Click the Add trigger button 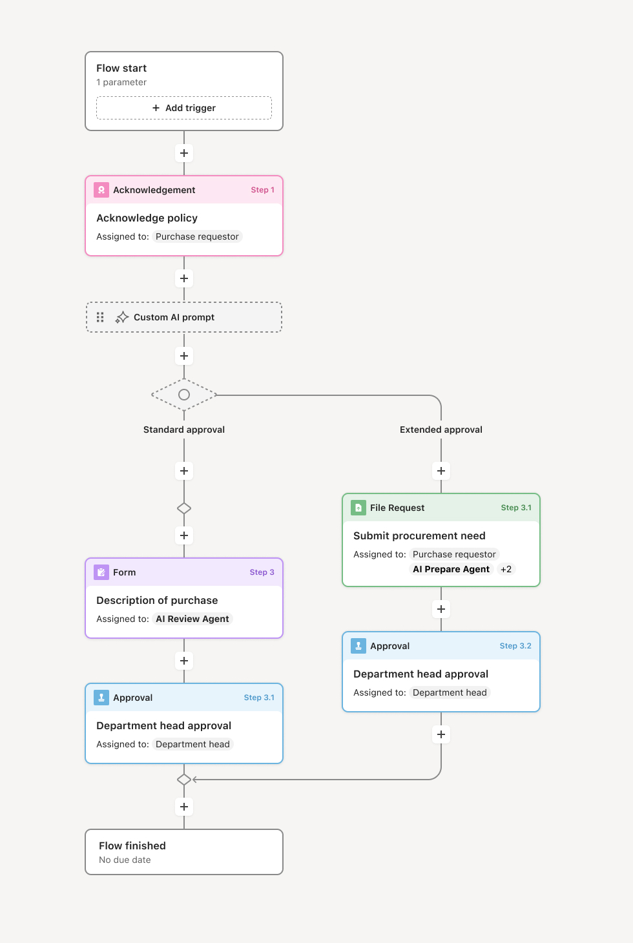pyautogui.click(x=184, y=108)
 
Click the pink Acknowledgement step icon pyautogui.click(x=101, y=190)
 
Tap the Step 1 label pyautogui.click(x=262, y=190)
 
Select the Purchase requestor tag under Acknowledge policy pyautogui.click(x=197, y=236)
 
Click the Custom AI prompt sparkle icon pyautogui.click(x=122, y=317)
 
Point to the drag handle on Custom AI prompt pyautogui.click(x=100, y=317)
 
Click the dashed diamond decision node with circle pyautogui.click(x=184, y=395)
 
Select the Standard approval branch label pyautogui.click(x=184, y=430)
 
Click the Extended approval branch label pyautogui.click(x=441, y=430)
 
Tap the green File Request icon pyautogui.click(x=358, y=508)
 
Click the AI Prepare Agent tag pyautogui.click(x=451, y=569)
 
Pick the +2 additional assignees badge pyautogui.click(x=506, y=569)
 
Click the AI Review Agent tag pyautogui.click(x=192, y=619)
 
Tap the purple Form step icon pyautogui.click(x=101, y=572)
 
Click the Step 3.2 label pyautogui.click(x=515, y=646)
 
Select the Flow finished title pyautogui.click(x=132, y=845)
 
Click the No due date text pyautogui.click(x=125, y=860)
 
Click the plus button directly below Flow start pyautogui.click(x=184, y=153)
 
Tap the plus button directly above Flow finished pyautogui.click(x=184, y=807)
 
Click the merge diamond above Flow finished pyautogui.click(x=184, y=780)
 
